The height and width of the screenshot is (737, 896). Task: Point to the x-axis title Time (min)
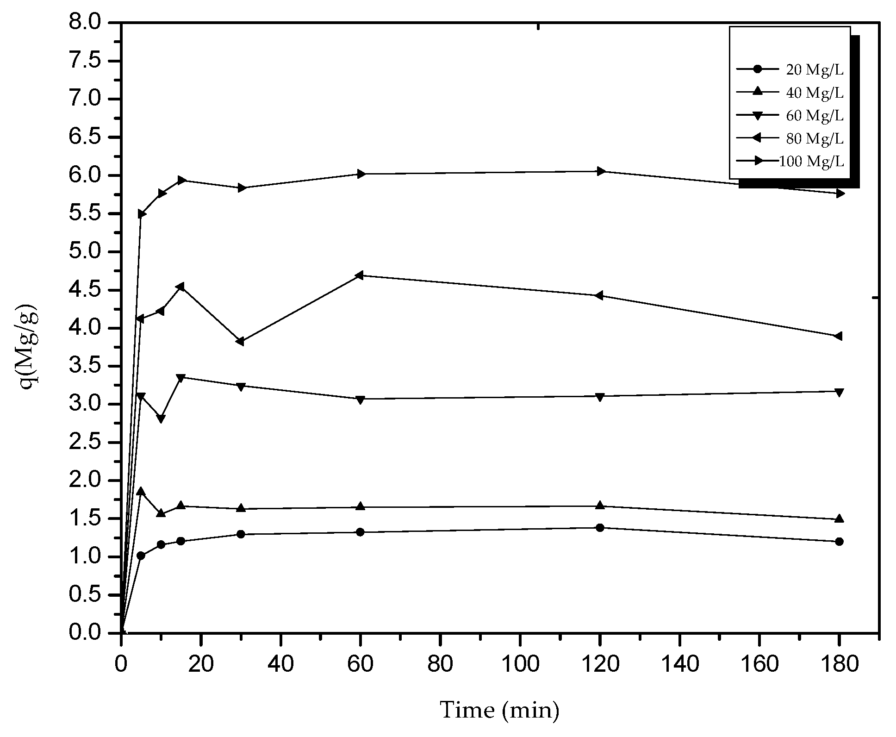pyautogui.click(x=499, y=710)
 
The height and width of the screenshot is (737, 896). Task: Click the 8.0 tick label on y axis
pyautogui.click(x=91, y=23)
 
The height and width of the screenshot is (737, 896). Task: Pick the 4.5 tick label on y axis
pyautogui.click(x=91, y=290)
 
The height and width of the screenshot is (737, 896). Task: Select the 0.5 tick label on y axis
pyautogui.click(x=91, y=595)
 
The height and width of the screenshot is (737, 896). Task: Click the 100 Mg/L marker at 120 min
pyautogui.click(x=601, y=171)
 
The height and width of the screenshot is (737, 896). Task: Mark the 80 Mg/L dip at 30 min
pyautogui.click(x=240, y=341)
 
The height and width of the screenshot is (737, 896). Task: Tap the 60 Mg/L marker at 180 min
pyautogui.click(x=840, y=392)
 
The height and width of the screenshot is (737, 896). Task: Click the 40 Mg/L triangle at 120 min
pyautogui.click(x=600, y=505)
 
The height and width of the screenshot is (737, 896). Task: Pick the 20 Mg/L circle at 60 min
pyautogui.click(x=361, y=532)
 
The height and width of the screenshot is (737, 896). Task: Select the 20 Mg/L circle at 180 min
pyautogui.click(x=840, y=541)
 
